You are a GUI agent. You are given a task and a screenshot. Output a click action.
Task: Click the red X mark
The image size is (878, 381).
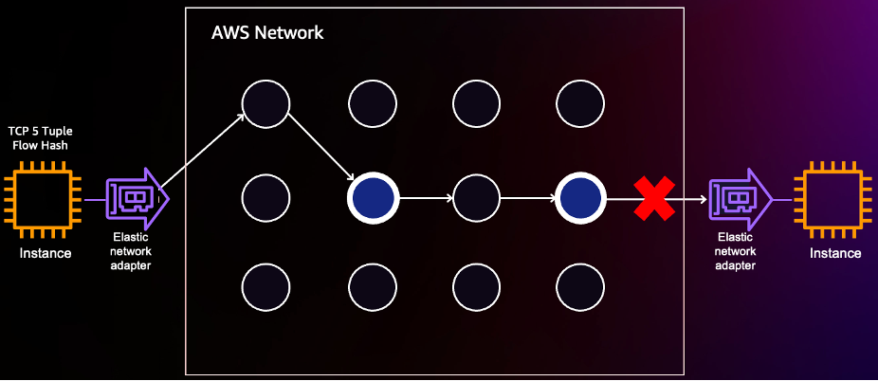click(653, 199)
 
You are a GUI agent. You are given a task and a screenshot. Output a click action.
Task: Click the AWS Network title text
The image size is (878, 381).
click(267, 33)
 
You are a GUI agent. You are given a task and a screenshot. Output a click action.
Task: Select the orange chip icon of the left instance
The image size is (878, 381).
click(45, 200)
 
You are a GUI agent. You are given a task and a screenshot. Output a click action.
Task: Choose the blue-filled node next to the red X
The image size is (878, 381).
click(580, 199)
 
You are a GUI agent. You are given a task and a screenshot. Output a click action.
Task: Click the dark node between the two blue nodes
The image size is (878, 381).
click(477, 199)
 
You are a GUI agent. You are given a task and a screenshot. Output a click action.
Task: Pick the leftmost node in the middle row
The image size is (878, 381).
click(265, 199)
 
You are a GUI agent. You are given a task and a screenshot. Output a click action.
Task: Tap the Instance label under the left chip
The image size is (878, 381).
click(46, 253)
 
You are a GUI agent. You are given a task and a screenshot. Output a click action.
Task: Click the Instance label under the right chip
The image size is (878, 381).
click(834, 253)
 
